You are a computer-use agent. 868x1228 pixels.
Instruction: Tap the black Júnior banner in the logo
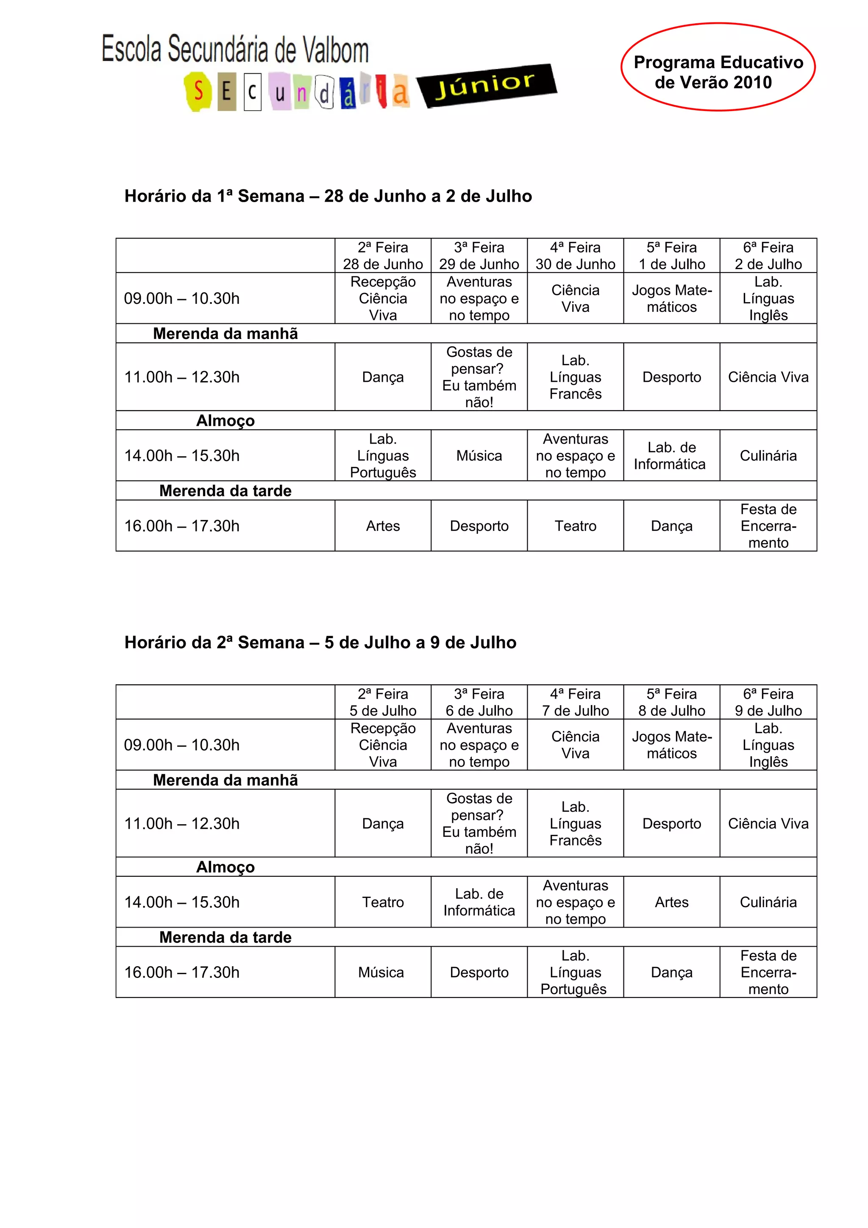(486, 86)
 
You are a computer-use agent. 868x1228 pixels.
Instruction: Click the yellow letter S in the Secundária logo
(198, 92)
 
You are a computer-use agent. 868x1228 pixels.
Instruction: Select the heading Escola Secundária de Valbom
(235, 50)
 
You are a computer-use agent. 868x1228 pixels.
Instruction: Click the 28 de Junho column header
(383, 256)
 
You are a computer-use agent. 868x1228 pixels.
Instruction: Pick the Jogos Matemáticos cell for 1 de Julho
(672, 298)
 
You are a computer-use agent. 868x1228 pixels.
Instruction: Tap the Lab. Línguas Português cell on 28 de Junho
(383, 456)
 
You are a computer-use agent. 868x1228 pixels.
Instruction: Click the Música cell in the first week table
(479, 456)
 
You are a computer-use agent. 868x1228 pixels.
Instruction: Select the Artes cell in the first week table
(383, 526)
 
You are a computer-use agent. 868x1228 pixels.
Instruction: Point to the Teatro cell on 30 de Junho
(576, 526)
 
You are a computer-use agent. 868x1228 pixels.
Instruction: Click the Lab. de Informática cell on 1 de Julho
(672, 456)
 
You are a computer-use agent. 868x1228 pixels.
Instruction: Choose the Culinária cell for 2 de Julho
(768, 456)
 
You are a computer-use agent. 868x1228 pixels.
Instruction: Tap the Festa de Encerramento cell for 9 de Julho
(768, 972)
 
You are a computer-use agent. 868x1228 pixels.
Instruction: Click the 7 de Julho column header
(576, 702)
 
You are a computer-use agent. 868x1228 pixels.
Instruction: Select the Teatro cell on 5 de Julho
(383, 902)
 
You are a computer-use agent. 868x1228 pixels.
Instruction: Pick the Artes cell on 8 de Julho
(672, 902)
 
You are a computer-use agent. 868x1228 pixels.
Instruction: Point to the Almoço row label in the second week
(225, 867)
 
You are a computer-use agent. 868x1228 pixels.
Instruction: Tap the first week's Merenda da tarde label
(225, 490)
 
